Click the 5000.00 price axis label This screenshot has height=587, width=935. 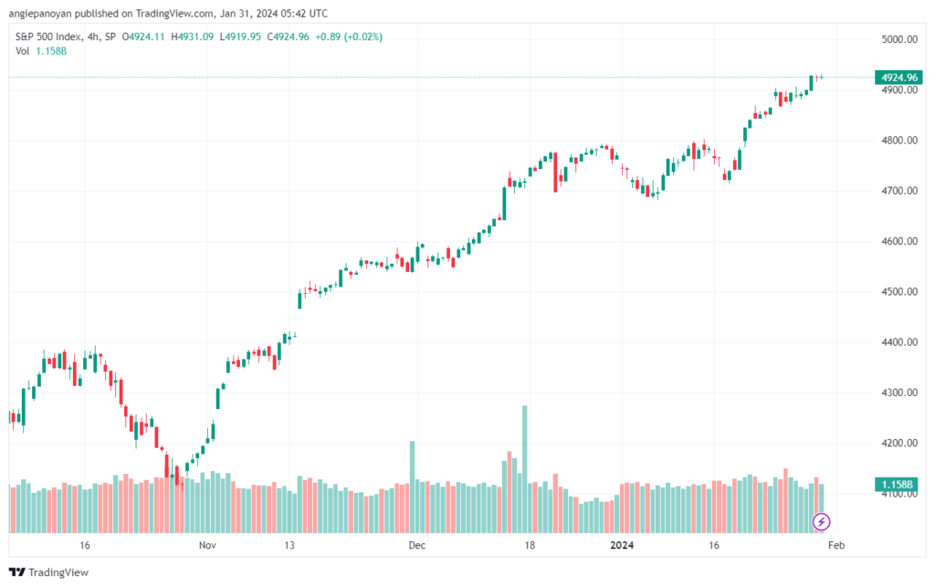[x=899, y=39]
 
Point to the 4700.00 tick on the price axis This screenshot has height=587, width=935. [x=899, y=191]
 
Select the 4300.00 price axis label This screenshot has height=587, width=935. [x=899, y=393]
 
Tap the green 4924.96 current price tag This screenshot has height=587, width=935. [x=898, y=78]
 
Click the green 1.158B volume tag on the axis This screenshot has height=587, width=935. [x=898, y=485]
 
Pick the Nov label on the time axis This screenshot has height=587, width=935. [x=207, y=545]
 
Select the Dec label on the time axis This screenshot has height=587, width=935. [x=416, y=545]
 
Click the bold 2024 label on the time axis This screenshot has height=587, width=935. [x=622, y=545]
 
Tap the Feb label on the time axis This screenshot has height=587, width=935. [x=836, y=545]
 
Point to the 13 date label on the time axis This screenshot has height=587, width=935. [x=289, y=545]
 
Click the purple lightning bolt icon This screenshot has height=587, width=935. [x=821, y=522]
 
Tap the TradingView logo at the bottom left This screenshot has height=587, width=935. [x=49, y=572]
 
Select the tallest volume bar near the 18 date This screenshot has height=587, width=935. [x=525, y=469]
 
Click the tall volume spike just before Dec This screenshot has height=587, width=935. [x=412, y=487]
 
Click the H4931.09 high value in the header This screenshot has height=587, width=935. [x=192, y=37]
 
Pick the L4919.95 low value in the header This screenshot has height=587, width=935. [x=240, y=37]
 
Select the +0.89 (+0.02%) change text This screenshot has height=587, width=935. [x=349, y=37]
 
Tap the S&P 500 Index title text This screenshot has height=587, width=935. [x=48, y=37]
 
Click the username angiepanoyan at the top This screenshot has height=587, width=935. [x=40, y=13]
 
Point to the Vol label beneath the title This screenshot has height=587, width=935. [x=23, y=51]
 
